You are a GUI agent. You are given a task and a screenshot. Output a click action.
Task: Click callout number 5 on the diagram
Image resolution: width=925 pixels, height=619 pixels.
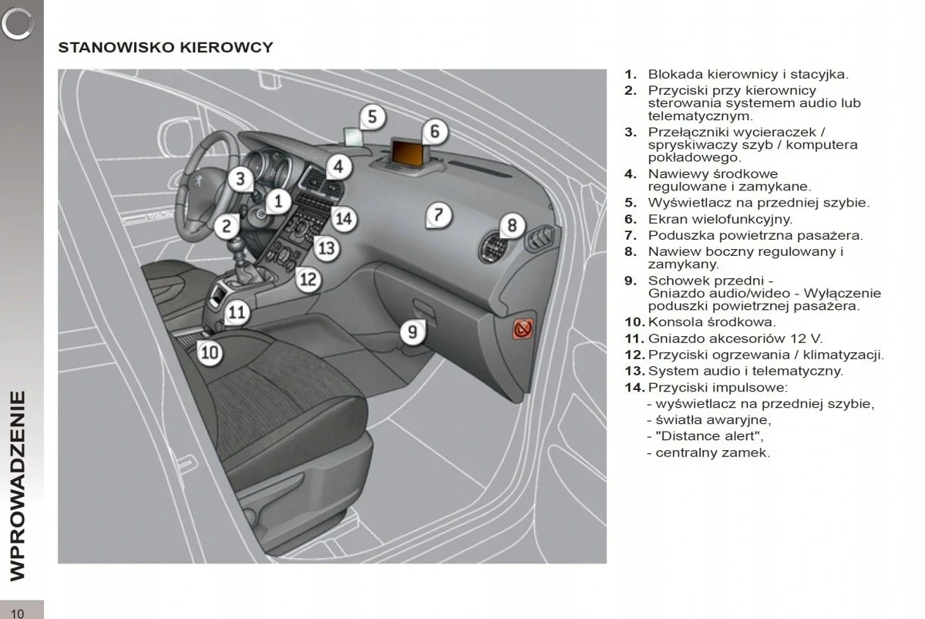pyautogui.click(x=372, y=117)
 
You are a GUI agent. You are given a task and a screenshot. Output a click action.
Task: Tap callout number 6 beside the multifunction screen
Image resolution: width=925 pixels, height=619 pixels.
pyautogui.click(x=435, y=131)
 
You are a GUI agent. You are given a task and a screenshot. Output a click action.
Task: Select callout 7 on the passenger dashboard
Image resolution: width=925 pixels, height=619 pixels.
pyautogui.click(x=438, y=214)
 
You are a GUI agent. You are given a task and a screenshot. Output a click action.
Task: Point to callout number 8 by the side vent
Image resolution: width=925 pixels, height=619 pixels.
pyautogui.click(x=512, y=226)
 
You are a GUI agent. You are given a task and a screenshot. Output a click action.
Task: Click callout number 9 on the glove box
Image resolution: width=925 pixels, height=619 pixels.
pyautogui.click(x=413, y=331)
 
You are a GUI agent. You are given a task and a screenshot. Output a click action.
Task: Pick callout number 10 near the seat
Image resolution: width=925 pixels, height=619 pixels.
pyautogui.click(x=210, y=353)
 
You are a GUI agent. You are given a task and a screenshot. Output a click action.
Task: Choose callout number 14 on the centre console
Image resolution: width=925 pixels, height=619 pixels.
pyautogui.click(x=343, y=219)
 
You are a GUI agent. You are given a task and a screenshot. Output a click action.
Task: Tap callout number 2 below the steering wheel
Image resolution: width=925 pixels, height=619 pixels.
pyautogui.click(x=227, y=226)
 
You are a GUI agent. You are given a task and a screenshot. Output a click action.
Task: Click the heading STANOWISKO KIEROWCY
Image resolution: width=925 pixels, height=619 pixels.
pyautogui.click(x=166, y=48)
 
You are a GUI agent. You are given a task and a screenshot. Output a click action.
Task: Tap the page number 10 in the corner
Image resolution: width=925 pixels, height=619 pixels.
pyautogui.click(x=18, y=612)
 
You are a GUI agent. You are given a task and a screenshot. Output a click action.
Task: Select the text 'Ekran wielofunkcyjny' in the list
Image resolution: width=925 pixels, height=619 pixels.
pyautogui.click(x=720, y=219)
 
